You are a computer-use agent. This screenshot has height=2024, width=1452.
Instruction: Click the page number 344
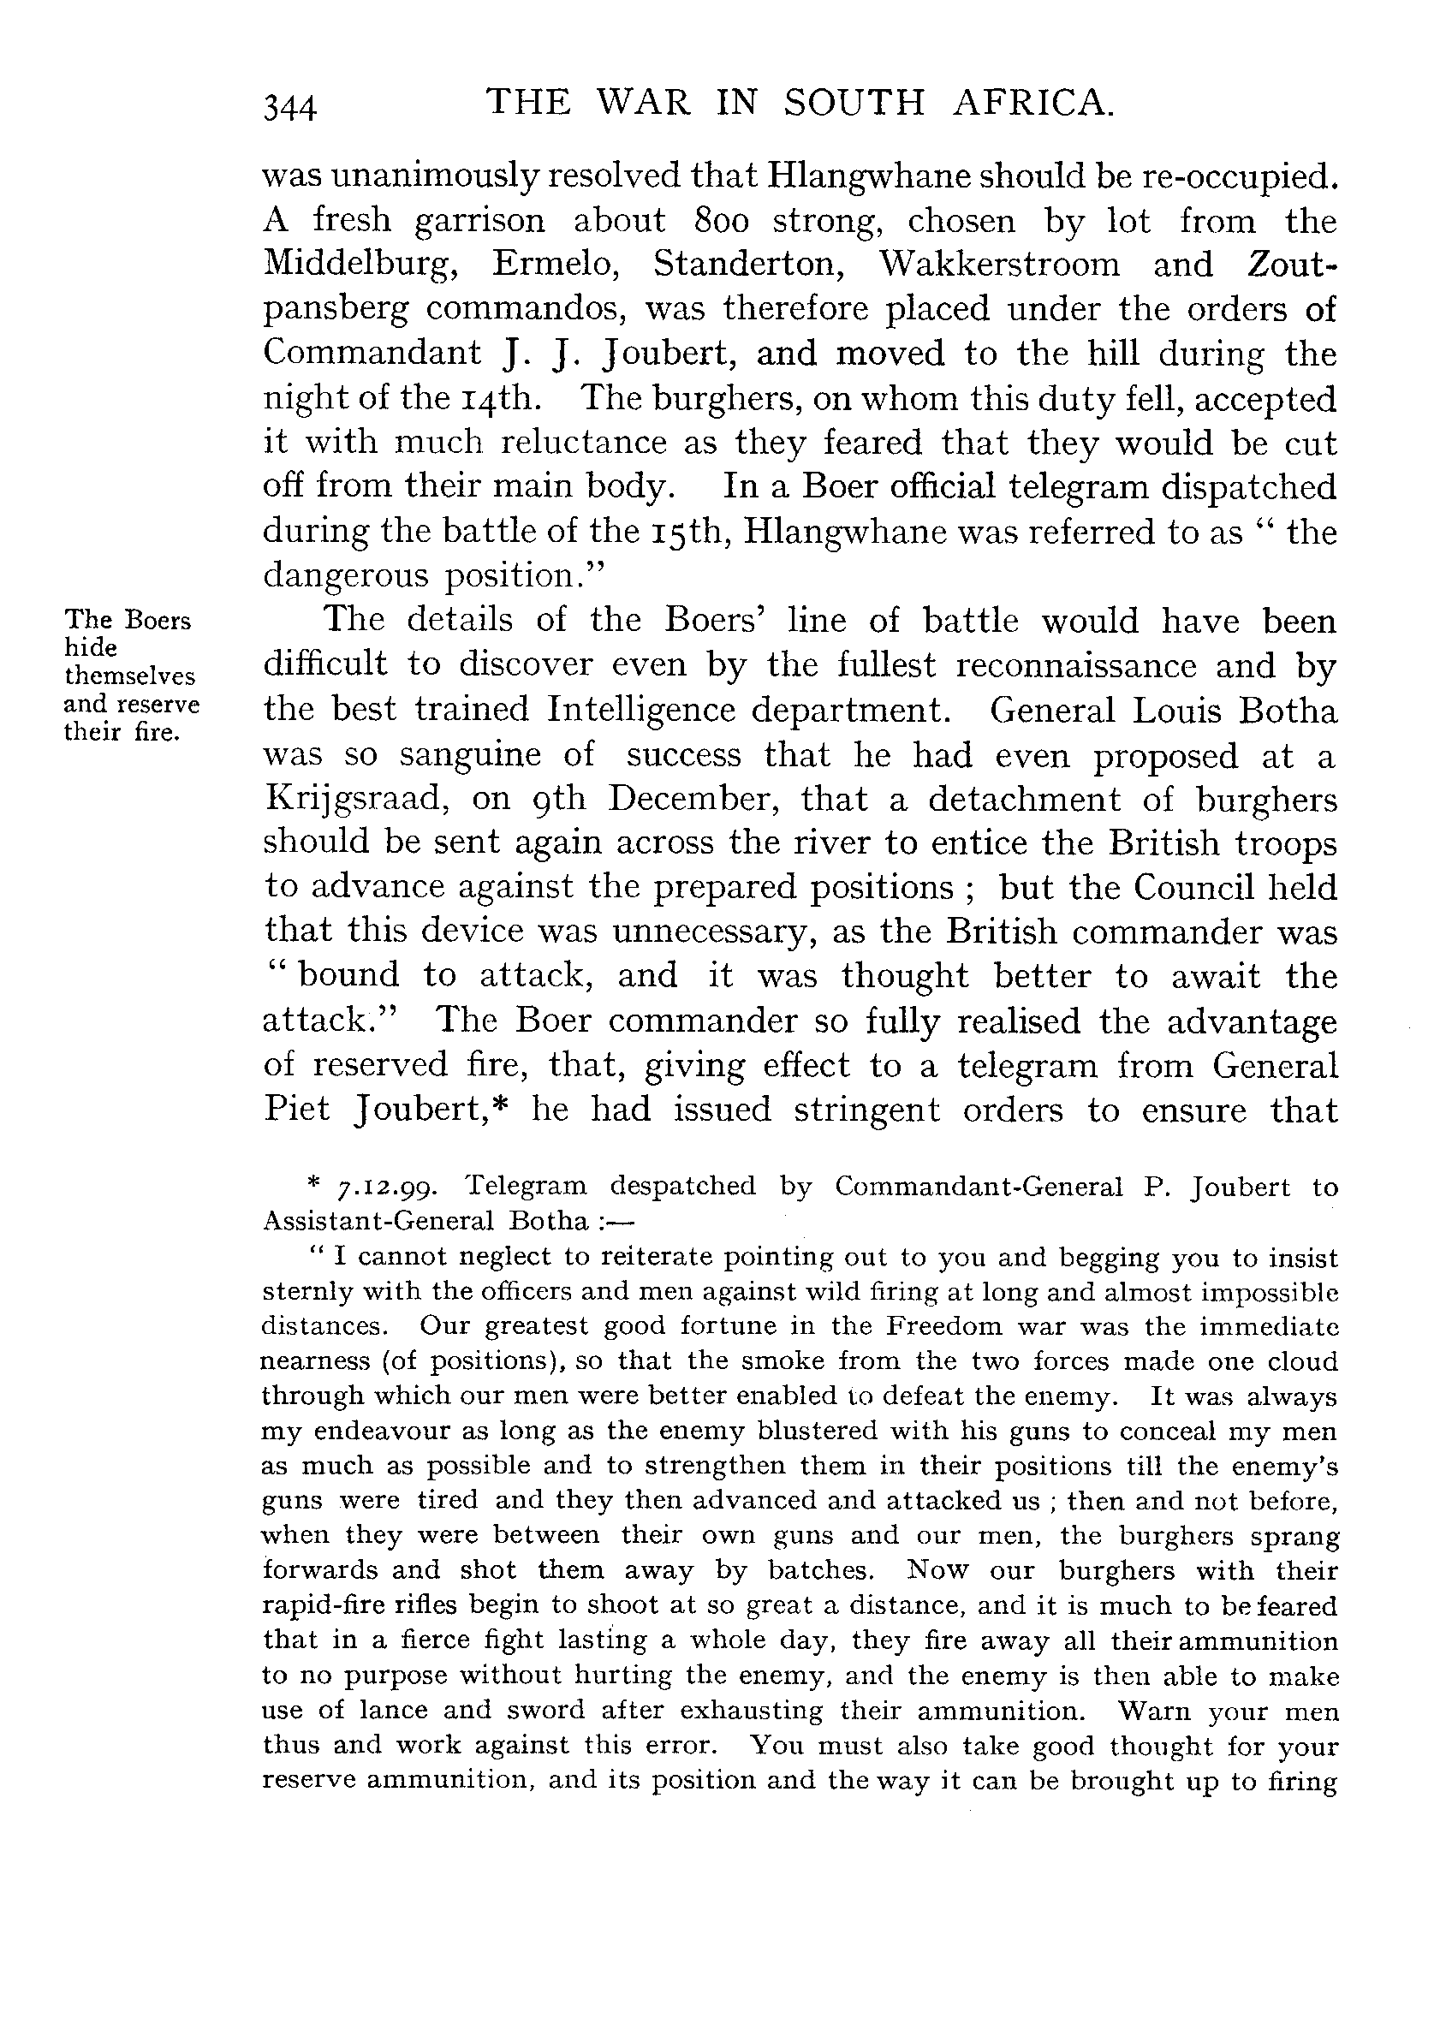click(x=290, y=108)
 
